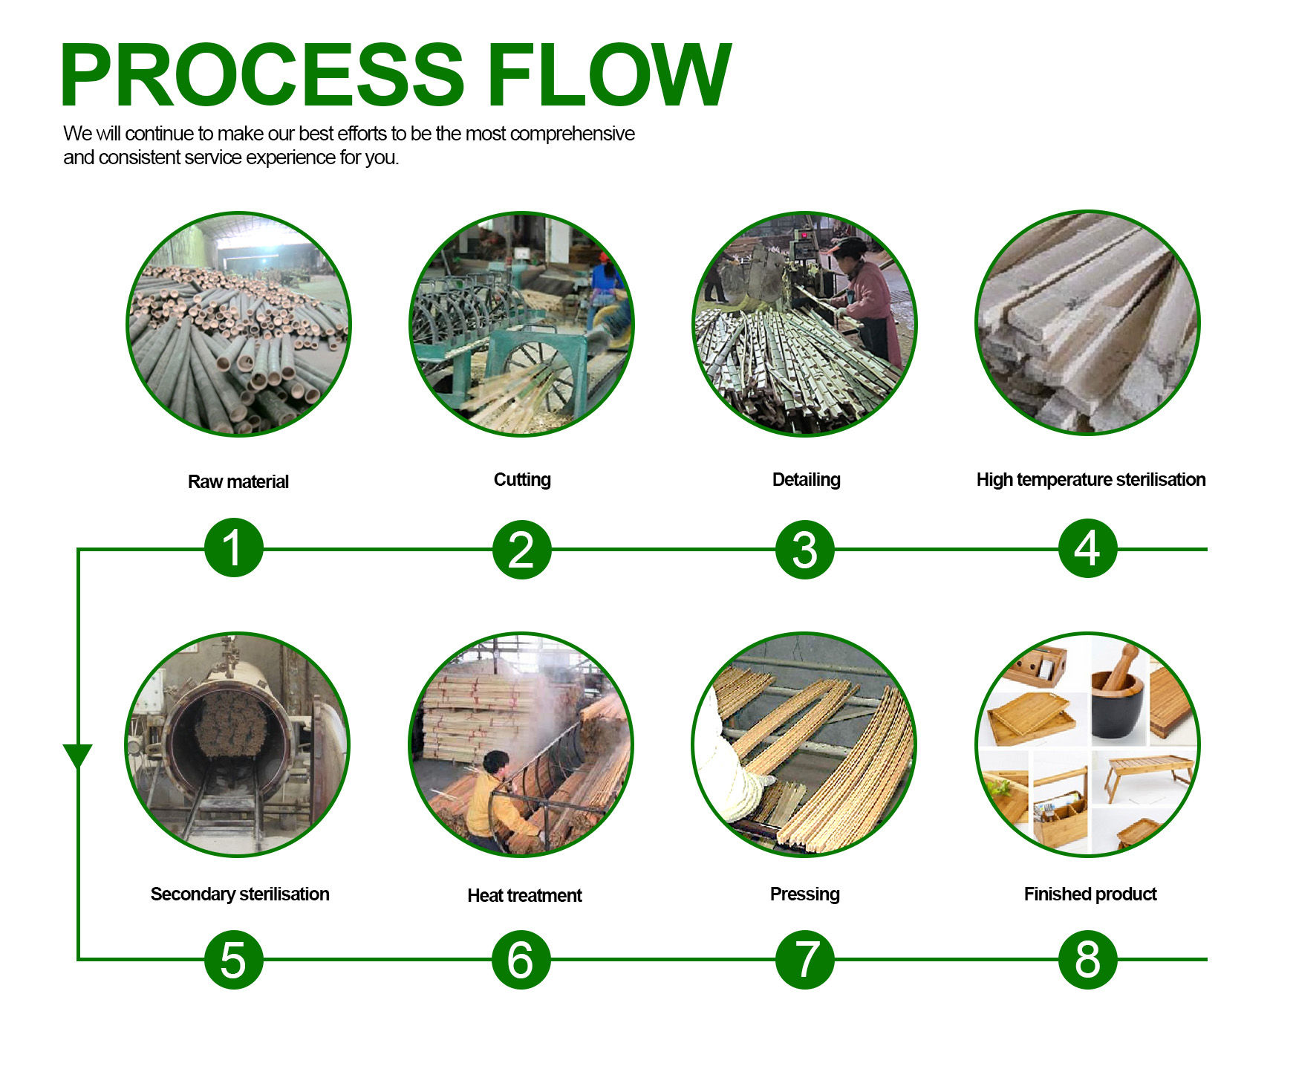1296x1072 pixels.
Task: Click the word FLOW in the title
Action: tap(609, 75)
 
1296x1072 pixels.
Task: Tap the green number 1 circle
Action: tap(234, 548)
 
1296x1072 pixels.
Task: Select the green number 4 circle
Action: tap(1087, 548)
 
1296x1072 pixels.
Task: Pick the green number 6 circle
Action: tap(521, 959)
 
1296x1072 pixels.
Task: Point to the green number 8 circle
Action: tap(1087, 959)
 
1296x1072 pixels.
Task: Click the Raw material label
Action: tap(238, 481)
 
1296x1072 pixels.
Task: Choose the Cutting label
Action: tap(522, 480)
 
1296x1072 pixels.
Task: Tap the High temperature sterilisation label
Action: tap(1091, 480)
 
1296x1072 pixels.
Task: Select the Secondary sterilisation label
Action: tap(240, 894)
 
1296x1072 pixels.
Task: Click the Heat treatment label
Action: tap(524, 895)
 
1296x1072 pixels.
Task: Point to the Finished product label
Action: tap(1090, 894)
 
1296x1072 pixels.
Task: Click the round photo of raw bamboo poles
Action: tap(238, 324)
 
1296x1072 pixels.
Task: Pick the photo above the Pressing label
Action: tap(804, 744)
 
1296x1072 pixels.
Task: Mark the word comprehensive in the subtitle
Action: tap(573, 134)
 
